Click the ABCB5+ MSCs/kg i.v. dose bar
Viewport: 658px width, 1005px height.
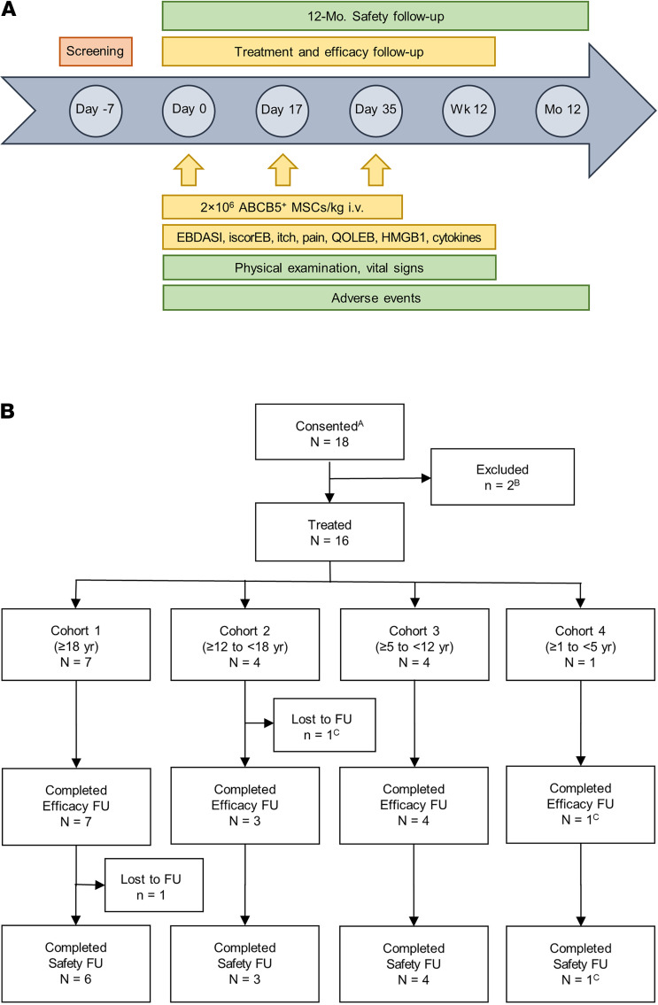point(283,206)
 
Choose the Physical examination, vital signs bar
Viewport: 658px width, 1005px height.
point(329,267)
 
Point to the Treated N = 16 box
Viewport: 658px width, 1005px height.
point(329,557)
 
